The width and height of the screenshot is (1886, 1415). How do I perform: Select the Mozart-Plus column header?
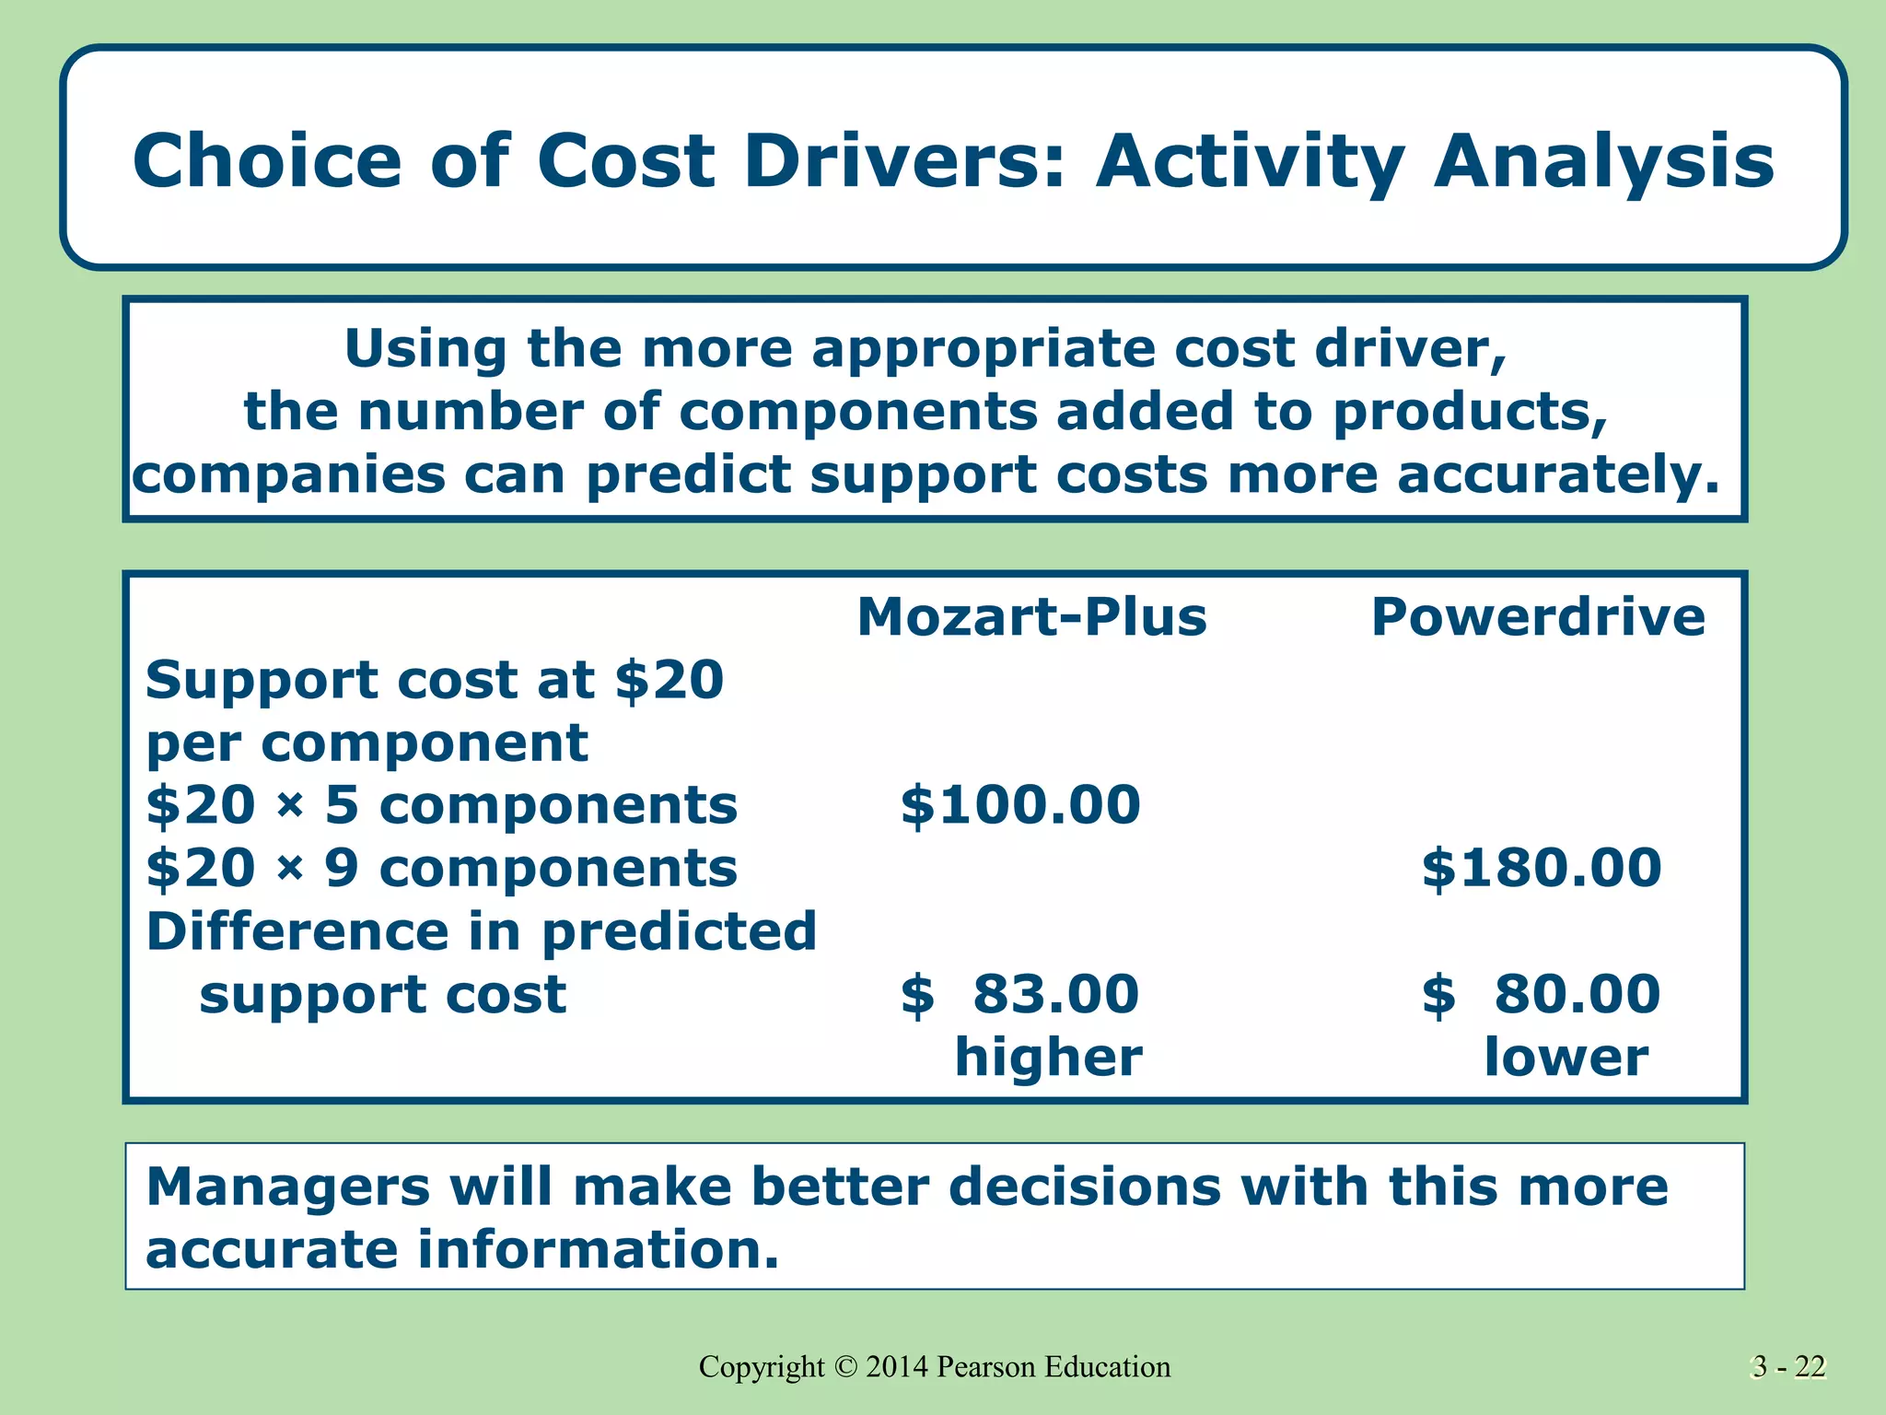coord(1031,616)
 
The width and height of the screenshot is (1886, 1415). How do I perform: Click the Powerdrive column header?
coord(1538,616)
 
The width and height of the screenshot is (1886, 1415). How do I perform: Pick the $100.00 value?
coord(1020,804)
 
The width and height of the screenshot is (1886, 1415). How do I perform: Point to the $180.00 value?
coord(1542,868)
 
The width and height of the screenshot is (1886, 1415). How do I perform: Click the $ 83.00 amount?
coord(1020,994)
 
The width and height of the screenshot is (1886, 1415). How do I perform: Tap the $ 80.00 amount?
coord(1542,994)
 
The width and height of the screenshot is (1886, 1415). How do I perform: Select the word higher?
coord(1048,1057)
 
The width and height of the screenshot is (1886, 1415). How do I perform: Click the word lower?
coord(1566,1057)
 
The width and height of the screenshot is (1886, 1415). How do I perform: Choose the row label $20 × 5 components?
coord(442,804)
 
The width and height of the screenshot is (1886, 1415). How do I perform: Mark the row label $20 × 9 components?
coord(442,868)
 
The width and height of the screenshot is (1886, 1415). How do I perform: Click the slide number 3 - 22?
coord(1788,1366)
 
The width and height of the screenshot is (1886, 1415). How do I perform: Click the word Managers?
coord(287,1187)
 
